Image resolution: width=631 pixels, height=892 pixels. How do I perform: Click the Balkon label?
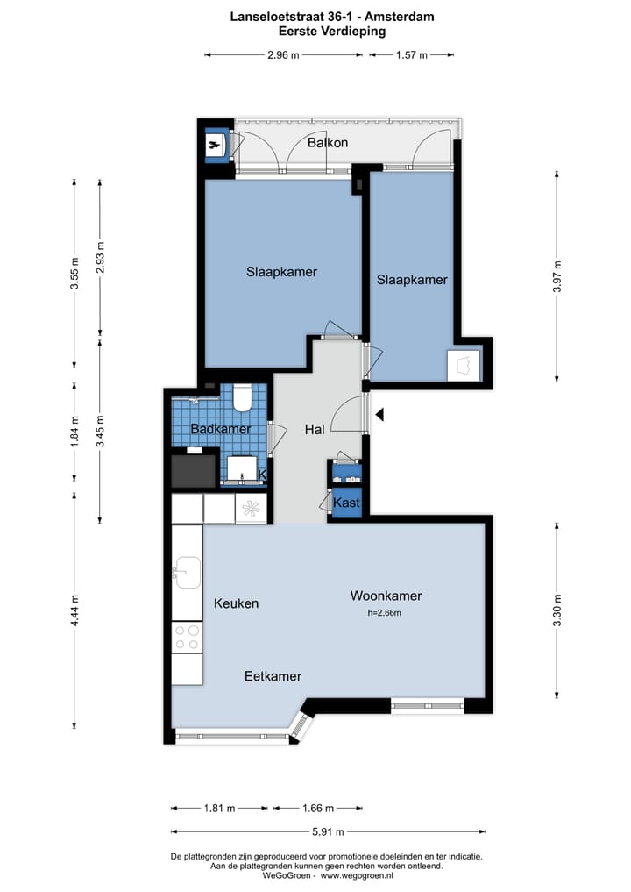point(328,142)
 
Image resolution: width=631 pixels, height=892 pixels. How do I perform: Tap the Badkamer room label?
point(221,429)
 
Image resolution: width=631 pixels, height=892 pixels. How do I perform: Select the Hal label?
point(315,430)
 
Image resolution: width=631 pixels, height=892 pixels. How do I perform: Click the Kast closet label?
point(346,503)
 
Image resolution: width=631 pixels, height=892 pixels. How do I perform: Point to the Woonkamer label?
point(386,596)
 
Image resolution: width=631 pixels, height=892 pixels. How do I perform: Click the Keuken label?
point(236,603)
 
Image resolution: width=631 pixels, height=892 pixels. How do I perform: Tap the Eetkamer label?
point(273,676)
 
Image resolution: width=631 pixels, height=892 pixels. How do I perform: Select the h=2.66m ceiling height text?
point(385,613)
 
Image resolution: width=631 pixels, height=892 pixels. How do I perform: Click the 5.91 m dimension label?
point(328,831)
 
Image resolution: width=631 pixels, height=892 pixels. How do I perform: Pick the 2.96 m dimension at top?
point(283,55)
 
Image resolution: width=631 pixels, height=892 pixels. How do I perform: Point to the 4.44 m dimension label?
point(74,610)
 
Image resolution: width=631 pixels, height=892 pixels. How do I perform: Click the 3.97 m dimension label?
point(557,276)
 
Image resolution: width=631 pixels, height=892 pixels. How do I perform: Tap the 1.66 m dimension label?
point(318,808)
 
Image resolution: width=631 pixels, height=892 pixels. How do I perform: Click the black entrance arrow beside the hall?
point(379,415)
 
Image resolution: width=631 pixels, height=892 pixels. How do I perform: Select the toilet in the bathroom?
point(244,397)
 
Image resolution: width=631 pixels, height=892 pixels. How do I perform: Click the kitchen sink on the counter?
point(187,572)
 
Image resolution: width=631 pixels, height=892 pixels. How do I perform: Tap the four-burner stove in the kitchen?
point(187,637)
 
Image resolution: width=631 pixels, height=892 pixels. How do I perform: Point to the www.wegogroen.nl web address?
point(357,875)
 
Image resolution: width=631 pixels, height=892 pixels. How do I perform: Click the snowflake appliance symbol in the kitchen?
point(251,508)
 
